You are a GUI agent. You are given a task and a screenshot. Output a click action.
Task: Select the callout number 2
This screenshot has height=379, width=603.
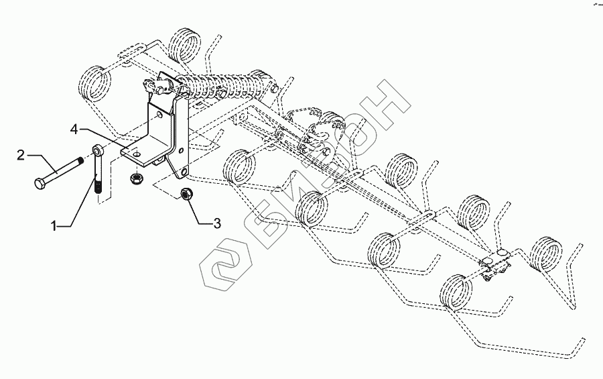coord(21,155)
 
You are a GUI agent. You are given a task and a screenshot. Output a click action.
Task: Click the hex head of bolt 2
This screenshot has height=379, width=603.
coord(38,182)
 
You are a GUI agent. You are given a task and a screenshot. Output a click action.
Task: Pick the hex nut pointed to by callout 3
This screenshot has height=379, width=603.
coord(188,195)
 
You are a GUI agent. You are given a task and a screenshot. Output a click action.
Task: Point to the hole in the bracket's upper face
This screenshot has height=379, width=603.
coord(159,116)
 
